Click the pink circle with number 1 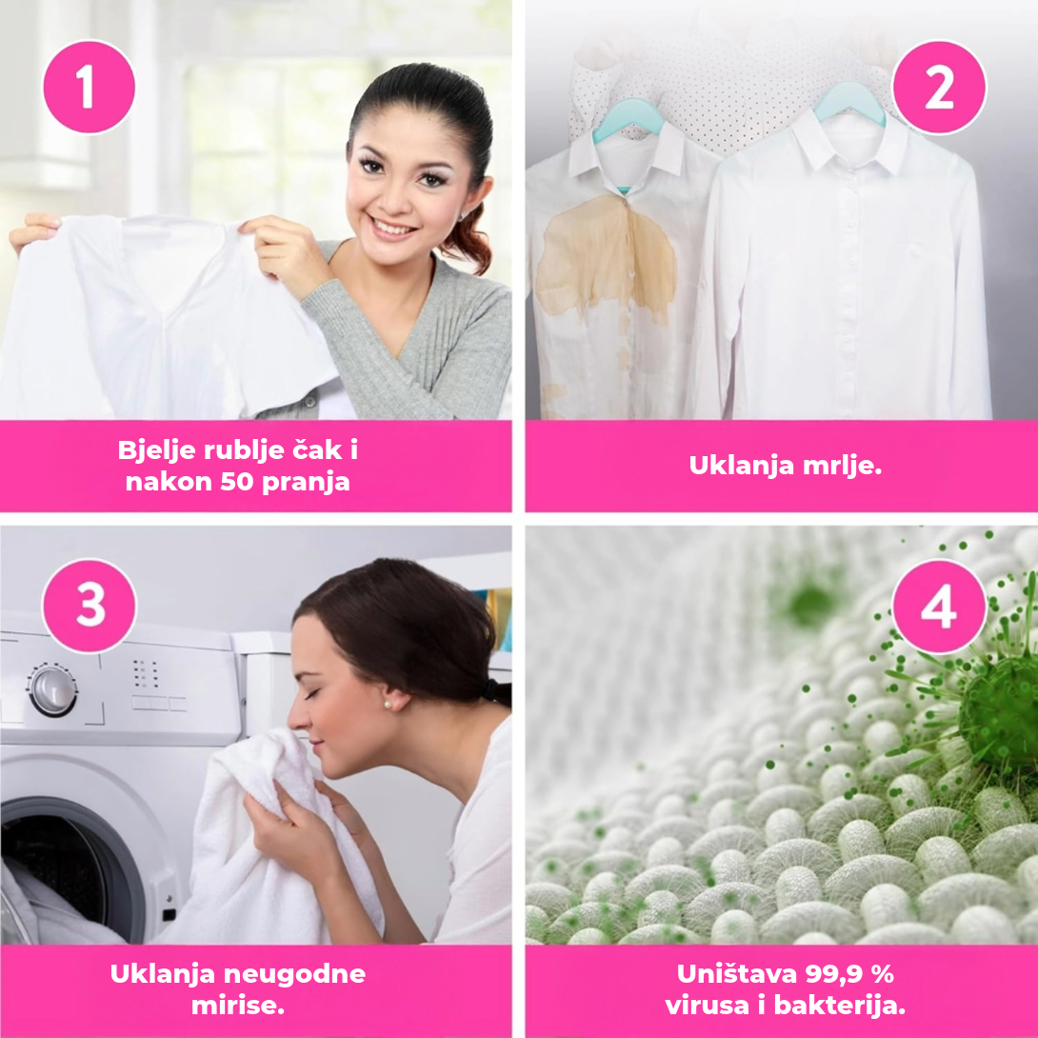[x=89, y=87]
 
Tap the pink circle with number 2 [x=939, y=88]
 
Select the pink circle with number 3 [x=90, y=605]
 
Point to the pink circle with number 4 [x=939, y=606]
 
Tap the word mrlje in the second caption [x=842, y=466]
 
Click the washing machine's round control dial [x=52, y=691]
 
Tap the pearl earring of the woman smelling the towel [x=389, y=705]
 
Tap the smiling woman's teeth [x=393, y=229]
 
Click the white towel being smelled [x=278, y=841]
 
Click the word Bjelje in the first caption [x=157, y=451]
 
